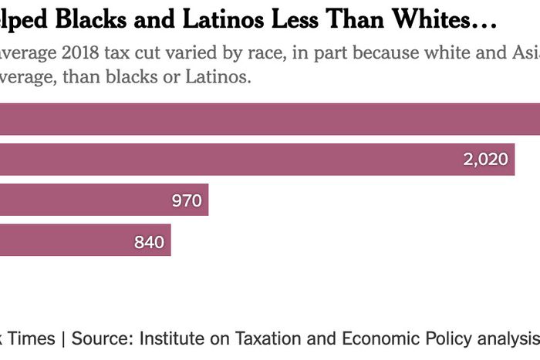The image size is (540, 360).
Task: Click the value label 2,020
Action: tap(485, 160)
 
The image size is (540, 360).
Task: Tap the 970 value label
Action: tap(187, 201)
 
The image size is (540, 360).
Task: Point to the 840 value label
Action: tap(149, 242)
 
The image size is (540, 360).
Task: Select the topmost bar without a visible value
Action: tap(270, 119)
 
